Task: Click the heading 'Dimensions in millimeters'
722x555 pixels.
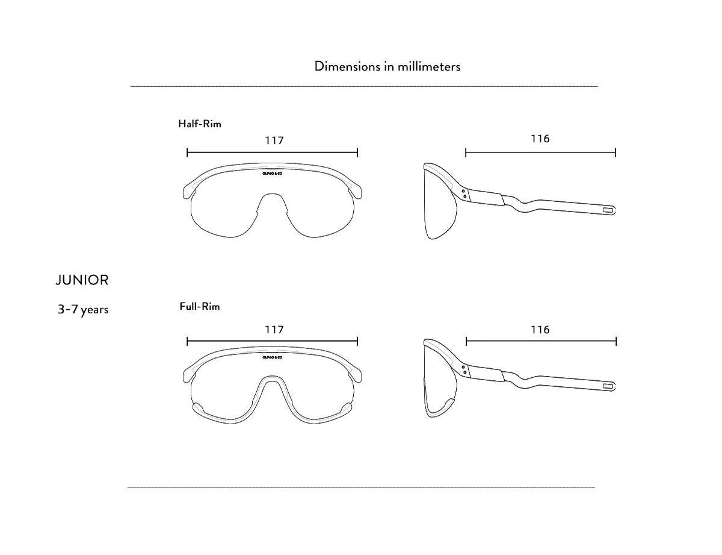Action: (387, 66)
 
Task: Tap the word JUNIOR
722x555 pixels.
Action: (82, 280)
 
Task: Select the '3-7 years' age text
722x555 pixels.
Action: (83, 310)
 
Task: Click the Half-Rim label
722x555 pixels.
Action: (200, 124)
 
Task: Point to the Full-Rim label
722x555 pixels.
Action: (200, 307)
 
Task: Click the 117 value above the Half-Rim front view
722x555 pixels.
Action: (274, 140)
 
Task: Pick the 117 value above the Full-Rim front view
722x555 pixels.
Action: (274, 330)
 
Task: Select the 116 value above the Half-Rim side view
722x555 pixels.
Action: (540, 139)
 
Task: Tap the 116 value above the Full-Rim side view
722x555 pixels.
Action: (540, 330)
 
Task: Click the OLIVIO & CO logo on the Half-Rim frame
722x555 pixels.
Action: (273, 172)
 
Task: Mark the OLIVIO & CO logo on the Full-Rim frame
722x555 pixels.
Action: (273, 357)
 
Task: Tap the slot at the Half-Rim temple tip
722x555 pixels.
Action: (608, 210)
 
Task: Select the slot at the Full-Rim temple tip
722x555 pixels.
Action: (608, 384)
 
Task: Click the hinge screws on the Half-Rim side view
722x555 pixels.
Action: (464, 193)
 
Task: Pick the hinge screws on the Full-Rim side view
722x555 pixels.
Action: (464, 369)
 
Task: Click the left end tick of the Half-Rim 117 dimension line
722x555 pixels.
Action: (187, 152)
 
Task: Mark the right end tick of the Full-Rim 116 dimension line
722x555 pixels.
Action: (616, 342)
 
